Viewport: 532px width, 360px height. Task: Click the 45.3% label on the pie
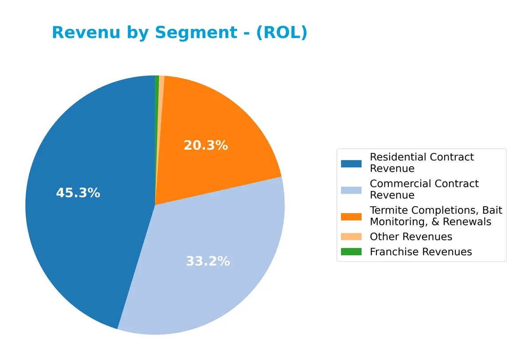[x=78, y=193]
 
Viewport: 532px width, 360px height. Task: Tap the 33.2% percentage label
[x=207, y=262]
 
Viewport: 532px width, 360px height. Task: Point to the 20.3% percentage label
[x=206, y=145]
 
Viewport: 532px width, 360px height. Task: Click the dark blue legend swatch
[x=351, y=163]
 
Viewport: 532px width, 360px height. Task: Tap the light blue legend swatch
[x=351, y=190]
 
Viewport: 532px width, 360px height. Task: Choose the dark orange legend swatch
[x=351, y=216]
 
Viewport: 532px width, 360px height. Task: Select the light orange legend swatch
[x=351, y=237]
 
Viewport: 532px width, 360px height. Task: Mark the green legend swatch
[x=351, y=252]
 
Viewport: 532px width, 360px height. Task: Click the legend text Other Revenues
[x=411, y=237]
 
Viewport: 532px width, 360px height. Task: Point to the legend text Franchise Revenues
[x=421, y=252]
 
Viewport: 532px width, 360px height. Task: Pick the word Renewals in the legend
[x=470, y=222]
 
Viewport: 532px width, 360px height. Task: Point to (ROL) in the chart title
[x=281, y=33]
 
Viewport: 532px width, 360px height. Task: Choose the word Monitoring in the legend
[x=394, y=222]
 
